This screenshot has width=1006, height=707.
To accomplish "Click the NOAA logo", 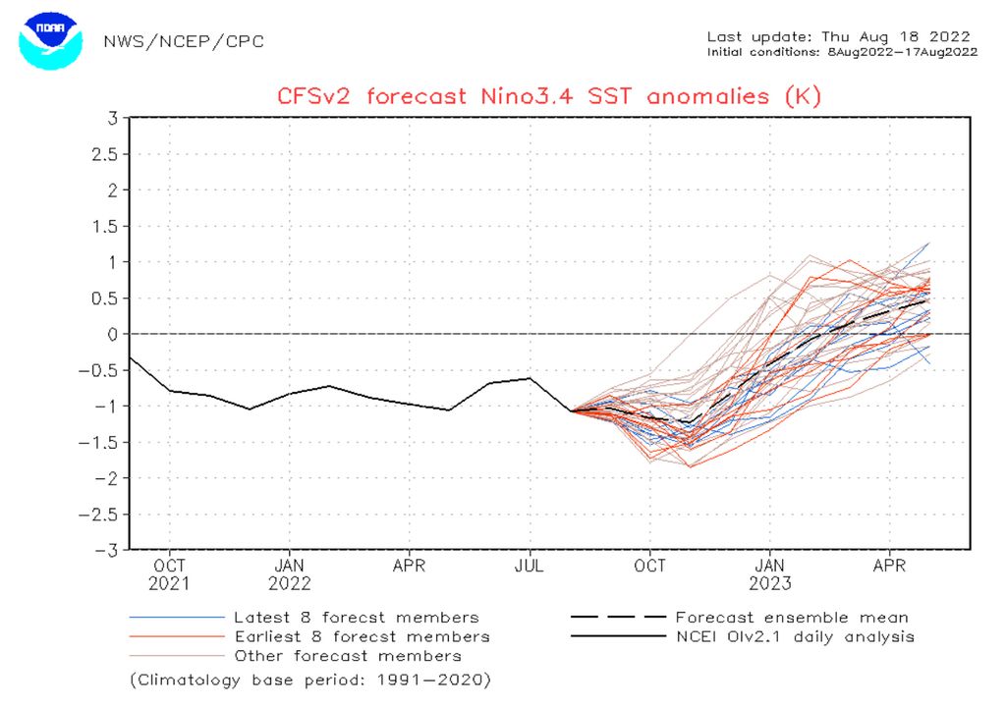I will pyautogui.click(x=46, y=40).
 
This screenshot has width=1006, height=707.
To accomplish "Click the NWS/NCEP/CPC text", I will pyautogui.click(x=184, y=42).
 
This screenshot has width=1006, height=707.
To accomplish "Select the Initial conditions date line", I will pyautogui.click(x=842, y=52).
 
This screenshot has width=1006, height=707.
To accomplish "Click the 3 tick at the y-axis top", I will pyautogui.click(x=113, y=118).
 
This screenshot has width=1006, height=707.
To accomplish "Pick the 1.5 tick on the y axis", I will pyautogui.click(x=105, y=226).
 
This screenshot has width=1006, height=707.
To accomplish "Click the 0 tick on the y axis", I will pyautogui.click(x=113, y=334).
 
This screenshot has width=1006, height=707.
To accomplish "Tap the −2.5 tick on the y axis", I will pyautogui.click(x=101, y=514).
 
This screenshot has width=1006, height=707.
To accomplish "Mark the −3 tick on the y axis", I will pyautogui.click(x=108, y=550).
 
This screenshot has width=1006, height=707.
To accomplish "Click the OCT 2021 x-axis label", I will pyautogui.click(x=170, y=574).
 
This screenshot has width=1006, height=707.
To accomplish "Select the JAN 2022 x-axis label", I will pyautogui.click(x=289, y=574).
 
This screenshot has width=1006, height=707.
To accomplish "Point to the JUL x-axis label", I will pyautogui.click(x=531, y=567).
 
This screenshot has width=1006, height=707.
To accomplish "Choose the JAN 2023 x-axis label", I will pyautogui.click(x=770, y=574).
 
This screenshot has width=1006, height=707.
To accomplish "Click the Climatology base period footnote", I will pyautogui.click(x=310, y=680).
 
